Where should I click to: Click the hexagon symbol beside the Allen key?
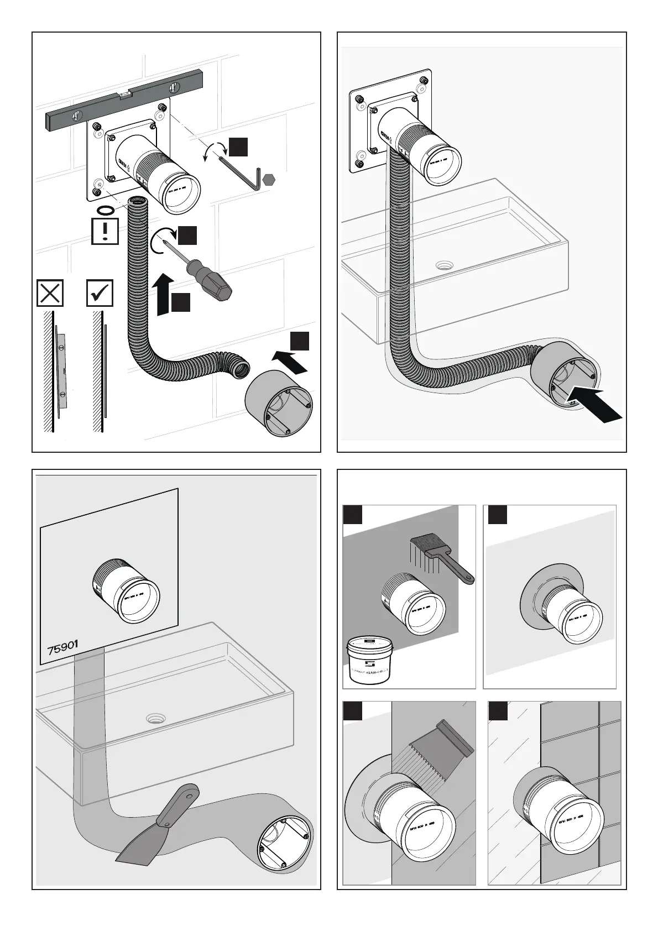pos(269,180)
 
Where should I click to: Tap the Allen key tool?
pos(242,173)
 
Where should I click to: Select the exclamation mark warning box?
pos(105,231)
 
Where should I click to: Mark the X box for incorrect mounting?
pos(50,293)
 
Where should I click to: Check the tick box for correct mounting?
pos(100,293)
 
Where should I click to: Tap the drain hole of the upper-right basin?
pos(443,265)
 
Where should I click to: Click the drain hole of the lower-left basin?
pos(155,719)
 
